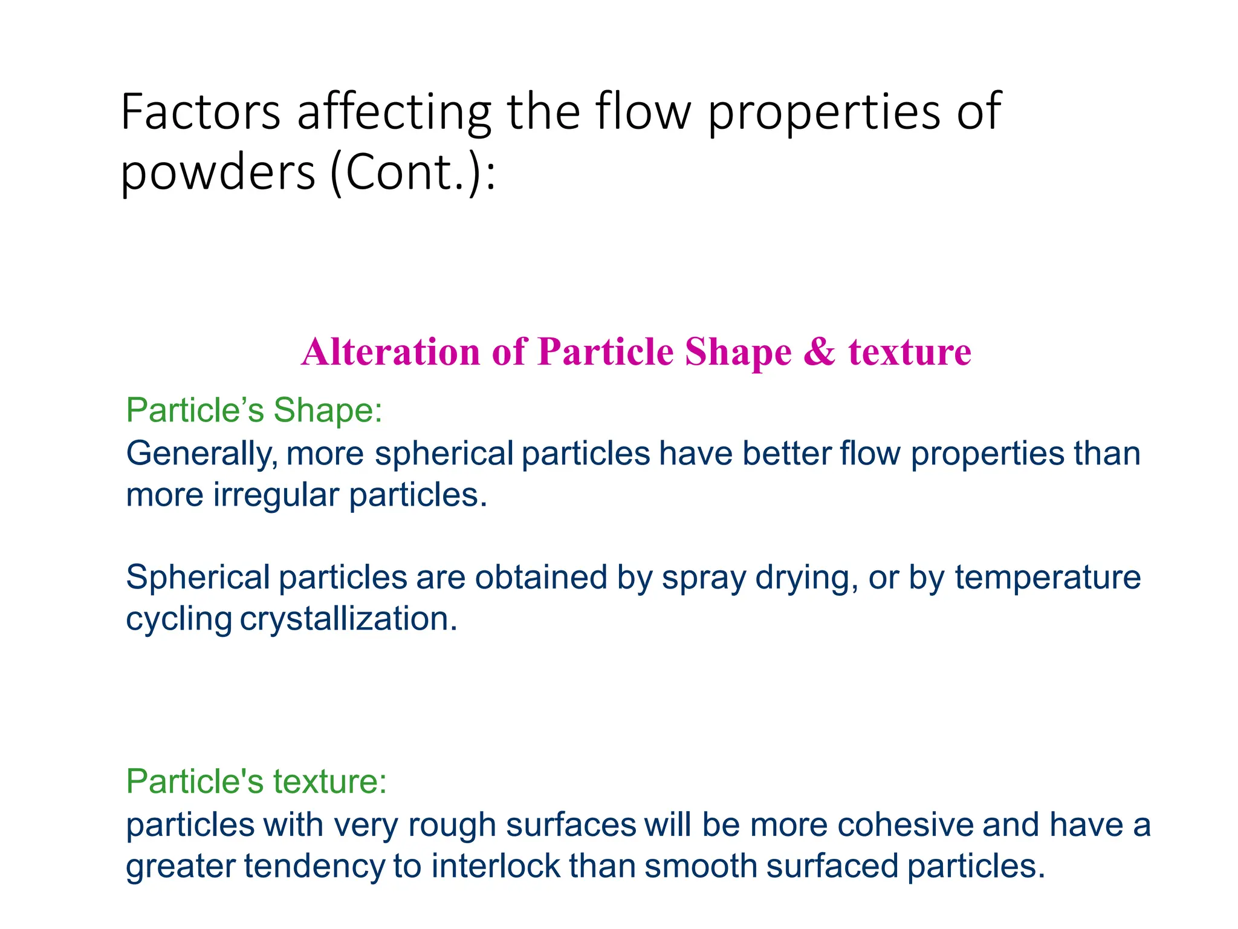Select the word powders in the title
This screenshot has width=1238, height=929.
click(218, 172)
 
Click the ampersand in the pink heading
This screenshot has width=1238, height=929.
click(819, 352)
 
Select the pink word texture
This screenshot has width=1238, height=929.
click(910, 352)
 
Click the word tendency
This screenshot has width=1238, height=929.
click(314, 867)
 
